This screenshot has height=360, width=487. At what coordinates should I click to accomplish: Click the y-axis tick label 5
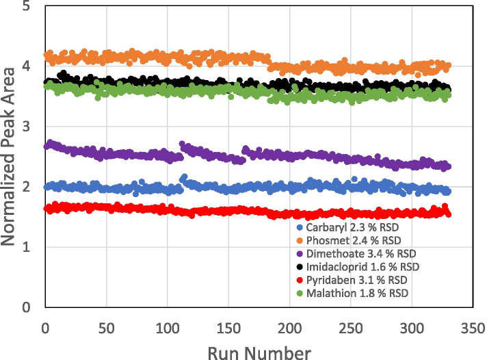point(25,8)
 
